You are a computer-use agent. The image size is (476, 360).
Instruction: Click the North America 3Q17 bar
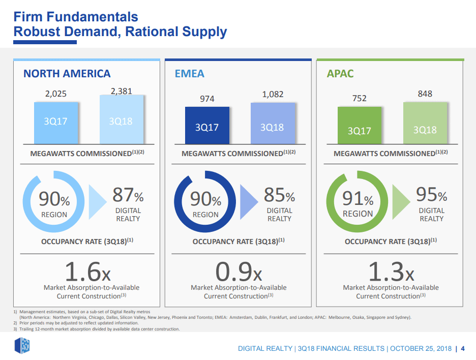56,123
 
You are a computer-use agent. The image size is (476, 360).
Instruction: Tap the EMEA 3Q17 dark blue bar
207,125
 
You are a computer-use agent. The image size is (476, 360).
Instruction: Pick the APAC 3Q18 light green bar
425,123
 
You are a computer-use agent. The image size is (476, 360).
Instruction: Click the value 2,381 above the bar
122,92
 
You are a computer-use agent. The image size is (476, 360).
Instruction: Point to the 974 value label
207,99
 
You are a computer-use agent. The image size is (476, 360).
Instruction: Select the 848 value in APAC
425,94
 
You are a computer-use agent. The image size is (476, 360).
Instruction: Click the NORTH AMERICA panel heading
67,74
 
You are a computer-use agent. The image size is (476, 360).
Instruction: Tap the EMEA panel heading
189,74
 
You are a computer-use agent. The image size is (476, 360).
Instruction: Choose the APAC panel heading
340,74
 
